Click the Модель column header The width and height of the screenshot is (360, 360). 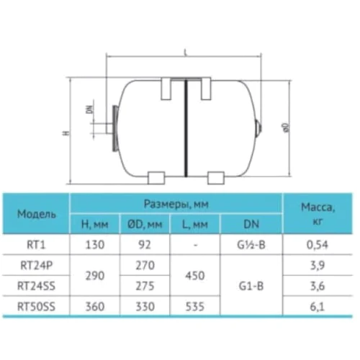(37, 214)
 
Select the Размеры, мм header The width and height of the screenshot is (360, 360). (176, 204)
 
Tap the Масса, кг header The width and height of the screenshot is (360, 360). (318, 214)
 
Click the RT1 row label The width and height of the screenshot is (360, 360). (36, 245)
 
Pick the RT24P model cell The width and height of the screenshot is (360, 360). (37, 266)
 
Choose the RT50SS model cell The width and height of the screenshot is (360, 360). (37, 307)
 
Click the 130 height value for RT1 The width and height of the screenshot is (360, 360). (95, 245)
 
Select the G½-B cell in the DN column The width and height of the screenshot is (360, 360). (251, 245)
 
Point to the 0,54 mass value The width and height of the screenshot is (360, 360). (318, 245)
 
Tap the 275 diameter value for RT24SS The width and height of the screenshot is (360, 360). (145, 286)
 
